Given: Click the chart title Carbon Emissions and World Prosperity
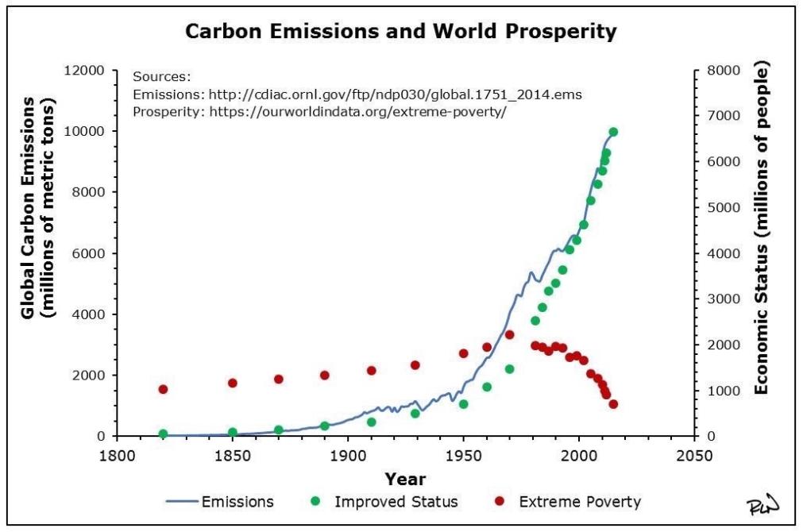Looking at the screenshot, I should pyautogui.click(x=401, y=32).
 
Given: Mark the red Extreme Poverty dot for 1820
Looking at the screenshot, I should pyautogui.click(x=163, y=389).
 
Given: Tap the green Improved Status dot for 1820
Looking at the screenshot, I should pyautogui.click(x=163, y=434).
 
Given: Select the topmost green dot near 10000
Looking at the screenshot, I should pyautogui.click(x=613, y=132).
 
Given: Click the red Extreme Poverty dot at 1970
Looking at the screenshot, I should pyautogui.click(x=510, y=335).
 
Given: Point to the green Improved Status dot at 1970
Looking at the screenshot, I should pyautogui.click(x=510, y=369).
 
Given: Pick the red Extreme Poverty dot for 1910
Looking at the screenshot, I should pyautogui.click(x=371, y=371).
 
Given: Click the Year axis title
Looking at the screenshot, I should pyautogui.click(x=405, y=479).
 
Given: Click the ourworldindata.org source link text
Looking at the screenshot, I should pyautogui.click(x=357, y=111).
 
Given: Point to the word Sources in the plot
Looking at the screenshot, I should pyautogui.click(x=162, y=77).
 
